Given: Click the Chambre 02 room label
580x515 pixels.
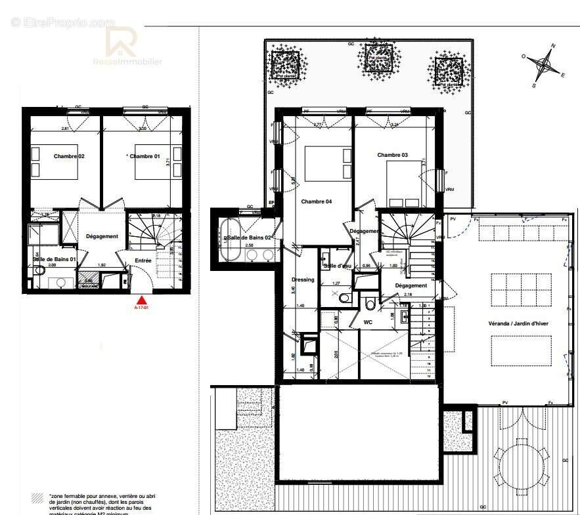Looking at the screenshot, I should coord(69,156).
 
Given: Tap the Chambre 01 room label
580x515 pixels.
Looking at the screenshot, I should coord(144,156).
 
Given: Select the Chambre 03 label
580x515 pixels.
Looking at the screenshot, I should coord(392,155).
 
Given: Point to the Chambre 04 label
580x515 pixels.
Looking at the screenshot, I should coord(317,201).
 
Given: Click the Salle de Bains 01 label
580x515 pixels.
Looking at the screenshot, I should coord(55,260).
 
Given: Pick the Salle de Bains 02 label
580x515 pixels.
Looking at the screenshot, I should coord(250,237).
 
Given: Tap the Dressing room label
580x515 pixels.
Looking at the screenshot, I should coord(303,279).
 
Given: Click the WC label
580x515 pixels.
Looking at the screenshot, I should coord(368,322).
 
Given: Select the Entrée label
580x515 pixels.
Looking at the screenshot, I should coord(143,260).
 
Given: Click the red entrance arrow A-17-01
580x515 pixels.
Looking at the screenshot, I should coord(141,300).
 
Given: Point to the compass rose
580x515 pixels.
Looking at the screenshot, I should coord(544,64).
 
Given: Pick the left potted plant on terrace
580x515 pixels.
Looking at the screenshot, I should coord(286,64).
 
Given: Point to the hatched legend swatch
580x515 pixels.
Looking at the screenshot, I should coord(37,499).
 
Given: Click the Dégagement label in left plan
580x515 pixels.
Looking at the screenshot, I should coord(102,236).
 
